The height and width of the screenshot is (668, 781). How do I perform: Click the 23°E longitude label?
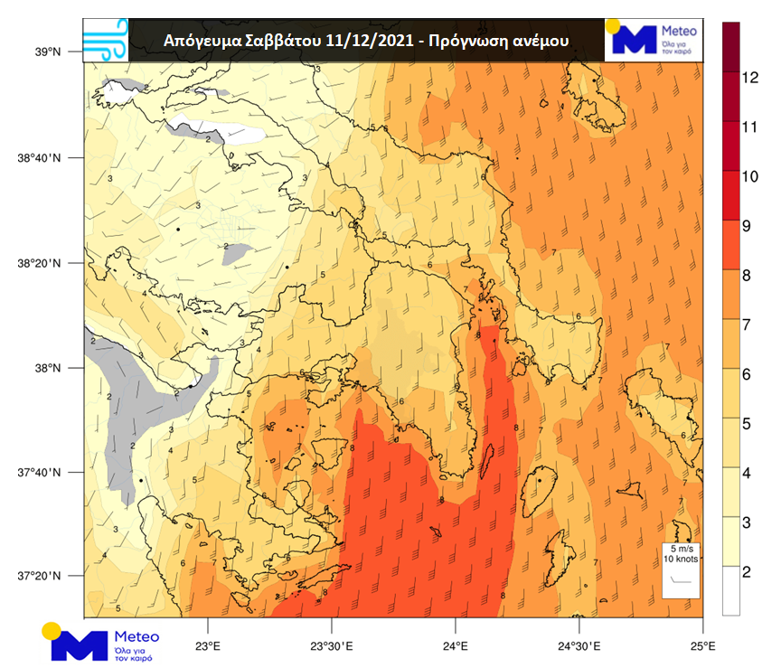click(209, 646)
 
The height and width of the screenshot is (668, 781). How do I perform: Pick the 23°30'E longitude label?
click(332, 646)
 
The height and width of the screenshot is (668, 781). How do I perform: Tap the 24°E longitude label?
click(455, 646)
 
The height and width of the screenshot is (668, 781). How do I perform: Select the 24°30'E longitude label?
click(579, 646)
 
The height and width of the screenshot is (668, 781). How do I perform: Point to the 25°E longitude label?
click(702, 646)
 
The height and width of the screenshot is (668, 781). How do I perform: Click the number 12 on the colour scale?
click(748, 78)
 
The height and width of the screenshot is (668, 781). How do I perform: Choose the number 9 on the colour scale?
click(747, 227)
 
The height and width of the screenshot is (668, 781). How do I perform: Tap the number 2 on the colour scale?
click(747, 573)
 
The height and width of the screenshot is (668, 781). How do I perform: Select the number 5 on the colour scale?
click(747, 424)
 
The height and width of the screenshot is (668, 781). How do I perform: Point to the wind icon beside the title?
click(105, 40)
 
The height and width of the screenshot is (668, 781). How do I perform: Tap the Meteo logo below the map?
click(99, 642)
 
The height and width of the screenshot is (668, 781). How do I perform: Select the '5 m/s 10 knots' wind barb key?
click(681, 569)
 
